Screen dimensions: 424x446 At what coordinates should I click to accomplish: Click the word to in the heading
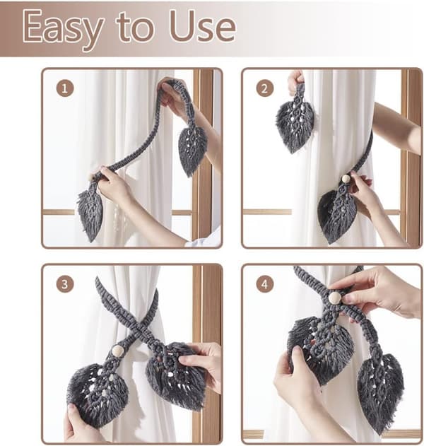pos(135,26)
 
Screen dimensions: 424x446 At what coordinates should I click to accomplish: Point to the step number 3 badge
pos(65,284)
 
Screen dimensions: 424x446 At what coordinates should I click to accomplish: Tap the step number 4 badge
pos(265,284)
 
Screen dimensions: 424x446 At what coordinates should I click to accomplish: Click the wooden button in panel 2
pos(346,179)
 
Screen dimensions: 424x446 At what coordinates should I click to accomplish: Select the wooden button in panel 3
pos(117,351)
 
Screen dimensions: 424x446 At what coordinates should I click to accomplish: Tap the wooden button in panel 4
pos(335,298)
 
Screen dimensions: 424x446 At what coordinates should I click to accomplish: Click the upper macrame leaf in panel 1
pos(193,151)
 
